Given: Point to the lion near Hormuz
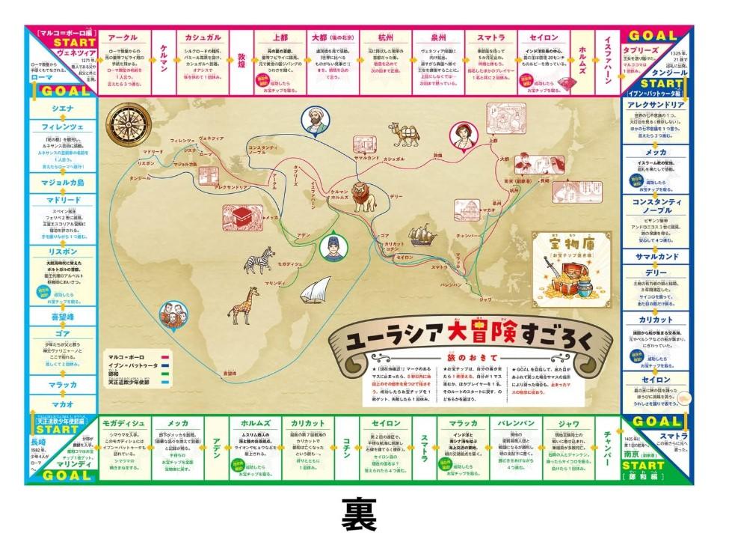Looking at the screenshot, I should click(363, 195).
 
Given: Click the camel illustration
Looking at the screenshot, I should click(405, 136).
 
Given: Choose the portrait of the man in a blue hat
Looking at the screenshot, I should click(332, 247).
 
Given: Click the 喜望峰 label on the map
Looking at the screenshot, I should click(230, 372).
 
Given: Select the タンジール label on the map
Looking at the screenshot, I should click(139, 178).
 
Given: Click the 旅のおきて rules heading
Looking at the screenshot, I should click(460, 359).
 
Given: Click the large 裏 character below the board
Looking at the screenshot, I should click(361, 515).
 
